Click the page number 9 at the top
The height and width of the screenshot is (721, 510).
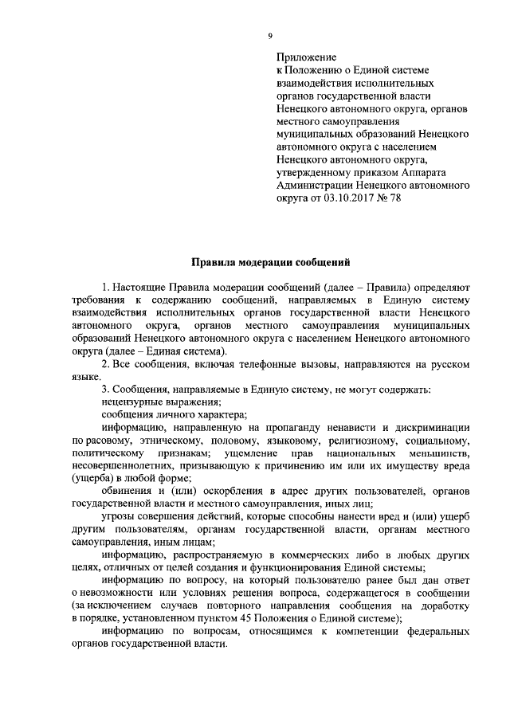coord(270,35)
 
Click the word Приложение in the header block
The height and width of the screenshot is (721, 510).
coord(303,58)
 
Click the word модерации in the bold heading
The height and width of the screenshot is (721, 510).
coord(265,262)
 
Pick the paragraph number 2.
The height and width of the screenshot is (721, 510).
coord(105,364)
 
